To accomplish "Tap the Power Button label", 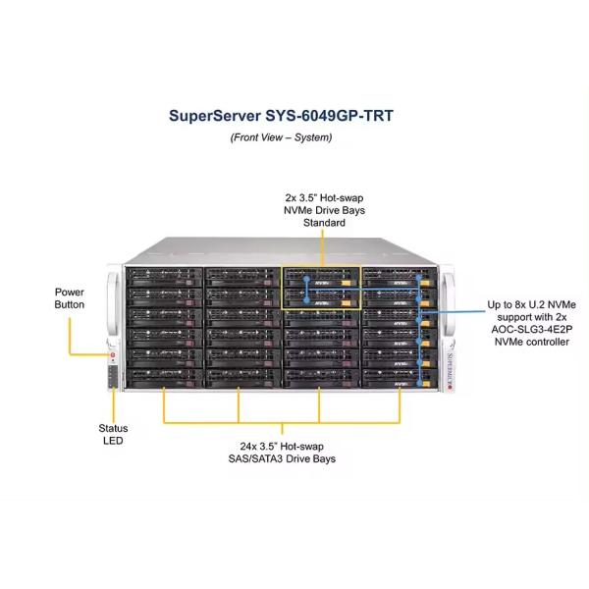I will click(70, 298).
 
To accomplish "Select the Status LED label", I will click(113, 435).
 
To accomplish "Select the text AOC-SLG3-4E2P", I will click(528, 330).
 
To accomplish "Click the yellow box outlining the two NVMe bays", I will click(322, 265).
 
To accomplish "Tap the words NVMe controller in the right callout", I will click(528, 343).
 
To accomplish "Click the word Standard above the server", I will click(323, 223).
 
